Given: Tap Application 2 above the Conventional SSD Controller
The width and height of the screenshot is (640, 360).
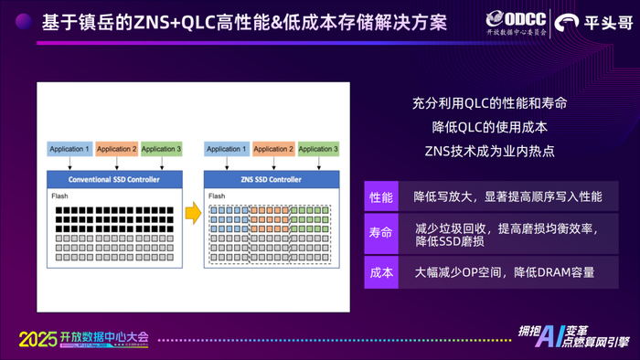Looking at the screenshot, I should (116, 149).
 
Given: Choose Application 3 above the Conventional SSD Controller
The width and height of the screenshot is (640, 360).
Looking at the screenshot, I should (161, 149).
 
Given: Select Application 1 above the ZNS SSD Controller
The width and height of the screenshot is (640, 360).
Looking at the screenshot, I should (227, 149).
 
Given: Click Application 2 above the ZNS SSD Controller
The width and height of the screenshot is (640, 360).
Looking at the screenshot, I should (273, 149).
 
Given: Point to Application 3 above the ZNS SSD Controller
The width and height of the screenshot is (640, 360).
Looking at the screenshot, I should (318, 149).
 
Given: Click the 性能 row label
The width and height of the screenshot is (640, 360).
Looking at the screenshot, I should (380, 197).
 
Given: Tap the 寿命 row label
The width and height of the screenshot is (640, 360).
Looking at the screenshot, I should (380, 233).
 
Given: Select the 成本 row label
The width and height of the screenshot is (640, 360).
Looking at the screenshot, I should (380, 272).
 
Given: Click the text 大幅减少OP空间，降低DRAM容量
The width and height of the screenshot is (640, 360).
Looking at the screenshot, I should (504, 272).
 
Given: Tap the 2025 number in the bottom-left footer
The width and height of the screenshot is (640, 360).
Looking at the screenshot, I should (37, 338).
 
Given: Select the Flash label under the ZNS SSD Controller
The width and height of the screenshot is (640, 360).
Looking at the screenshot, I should (217, 196).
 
